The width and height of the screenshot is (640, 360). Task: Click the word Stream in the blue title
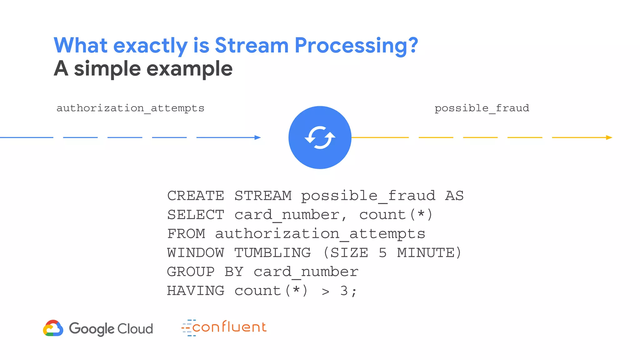point(252,46)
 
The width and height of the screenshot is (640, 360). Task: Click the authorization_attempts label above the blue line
point(130,108)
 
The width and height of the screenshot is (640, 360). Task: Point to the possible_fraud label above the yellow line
point(482,108)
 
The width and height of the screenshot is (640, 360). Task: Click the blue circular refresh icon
point(320,137)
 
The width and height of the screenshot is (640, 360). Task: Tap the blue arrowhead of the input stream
point(257,137)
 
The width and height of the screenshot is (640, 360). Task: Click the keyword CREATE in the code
point(196,196)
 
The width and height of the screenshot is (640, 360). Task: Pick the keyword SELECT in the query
point(196,215)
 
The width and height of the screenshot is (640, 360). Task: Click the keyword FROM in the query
point(186,234)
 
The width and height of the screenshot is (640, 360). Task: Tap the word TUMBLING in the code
point(272,253)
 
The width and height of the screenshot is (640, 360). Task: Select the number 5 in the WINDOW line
point(382,253)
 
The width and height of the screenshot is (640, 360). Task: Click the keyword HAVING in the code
point(196,291)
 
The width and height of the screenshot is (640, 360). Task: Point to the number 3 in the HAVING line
point(344,291)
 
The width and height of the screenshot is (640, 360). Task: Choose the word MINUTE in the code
point(426,253)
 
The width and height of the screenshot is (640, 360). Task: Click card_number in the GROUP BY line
point(306,272)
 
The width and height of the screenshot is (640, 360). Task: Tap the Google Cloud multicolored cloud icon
point(53,328)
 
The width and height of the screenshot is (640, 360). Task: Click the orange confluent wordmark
point(229,327)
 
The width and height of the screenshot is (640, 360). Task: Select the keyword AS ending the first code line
point(454,196)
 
